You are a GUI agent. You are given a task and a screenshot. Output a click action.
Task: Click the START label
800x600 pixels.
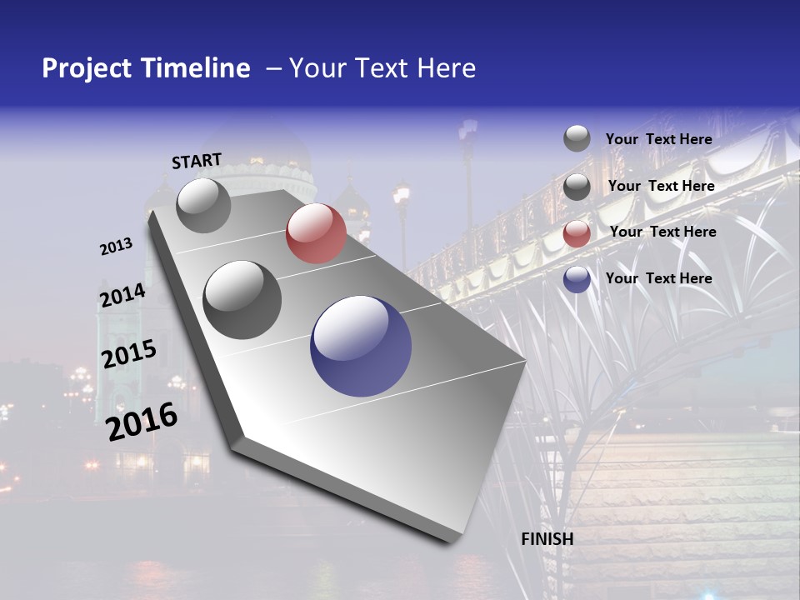pyautogui.click(x=197, y=161)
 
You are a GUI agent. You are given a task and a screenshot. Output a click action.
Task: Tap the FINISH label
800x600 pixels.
pyautogui.click(x=547, y=539)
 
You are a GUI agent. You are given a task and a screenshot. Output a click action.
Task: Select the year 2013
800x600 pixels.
pyautogui.click(x=116, y=247)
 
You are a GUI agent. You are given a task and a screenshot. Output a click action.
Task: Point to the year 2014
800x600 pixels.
pyautogui.click(x=122, y=296)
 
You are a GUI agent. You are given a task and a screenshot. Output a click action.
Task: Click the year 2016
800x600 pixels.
pyautogui.click(x=142, y=422)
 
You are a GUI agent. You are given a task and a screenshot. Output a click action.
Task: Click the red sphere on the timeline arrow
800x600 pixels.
pyautogui.click(x=316, y=233)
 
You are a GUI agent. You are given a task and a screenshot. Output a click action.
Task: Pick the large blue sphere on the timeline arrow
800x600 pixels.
pyautogui.click(x=361, y=346)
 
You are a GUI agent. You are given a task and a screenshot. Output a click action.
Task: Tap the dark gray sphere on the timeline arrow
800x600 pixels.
pyautogui.click(x=242, y=300)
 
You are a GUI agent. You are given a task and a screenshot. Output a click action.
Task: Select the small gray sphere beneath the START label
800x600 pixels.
pyautogui.click(x=203, y=205)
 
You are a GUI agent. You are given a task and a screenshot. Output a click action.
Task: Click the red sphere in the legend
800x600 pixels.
pyautogui.click(x=577, y=234)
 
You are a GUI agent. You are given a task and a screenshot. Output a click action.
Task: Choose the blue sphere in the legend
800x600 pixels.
pyautogui.click(x=577, y=280)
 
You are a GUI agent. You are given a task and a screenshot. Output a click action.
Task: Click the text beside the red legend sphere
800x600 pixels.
pyautogui.click(x=662, y=232)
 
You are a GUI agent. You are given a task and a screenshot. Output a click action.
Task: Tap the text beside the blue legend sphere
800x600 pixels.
pyautogui.click(x=658, y=278)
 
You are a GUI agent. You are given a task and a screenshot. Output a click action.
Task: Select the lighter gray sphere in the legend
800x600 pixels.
pyautogui.click(x=577, y=138)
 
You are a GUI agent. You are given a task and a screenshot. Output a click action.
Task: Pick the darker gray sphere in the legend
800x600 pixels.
pyautogui.click(x=577, y=187)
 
